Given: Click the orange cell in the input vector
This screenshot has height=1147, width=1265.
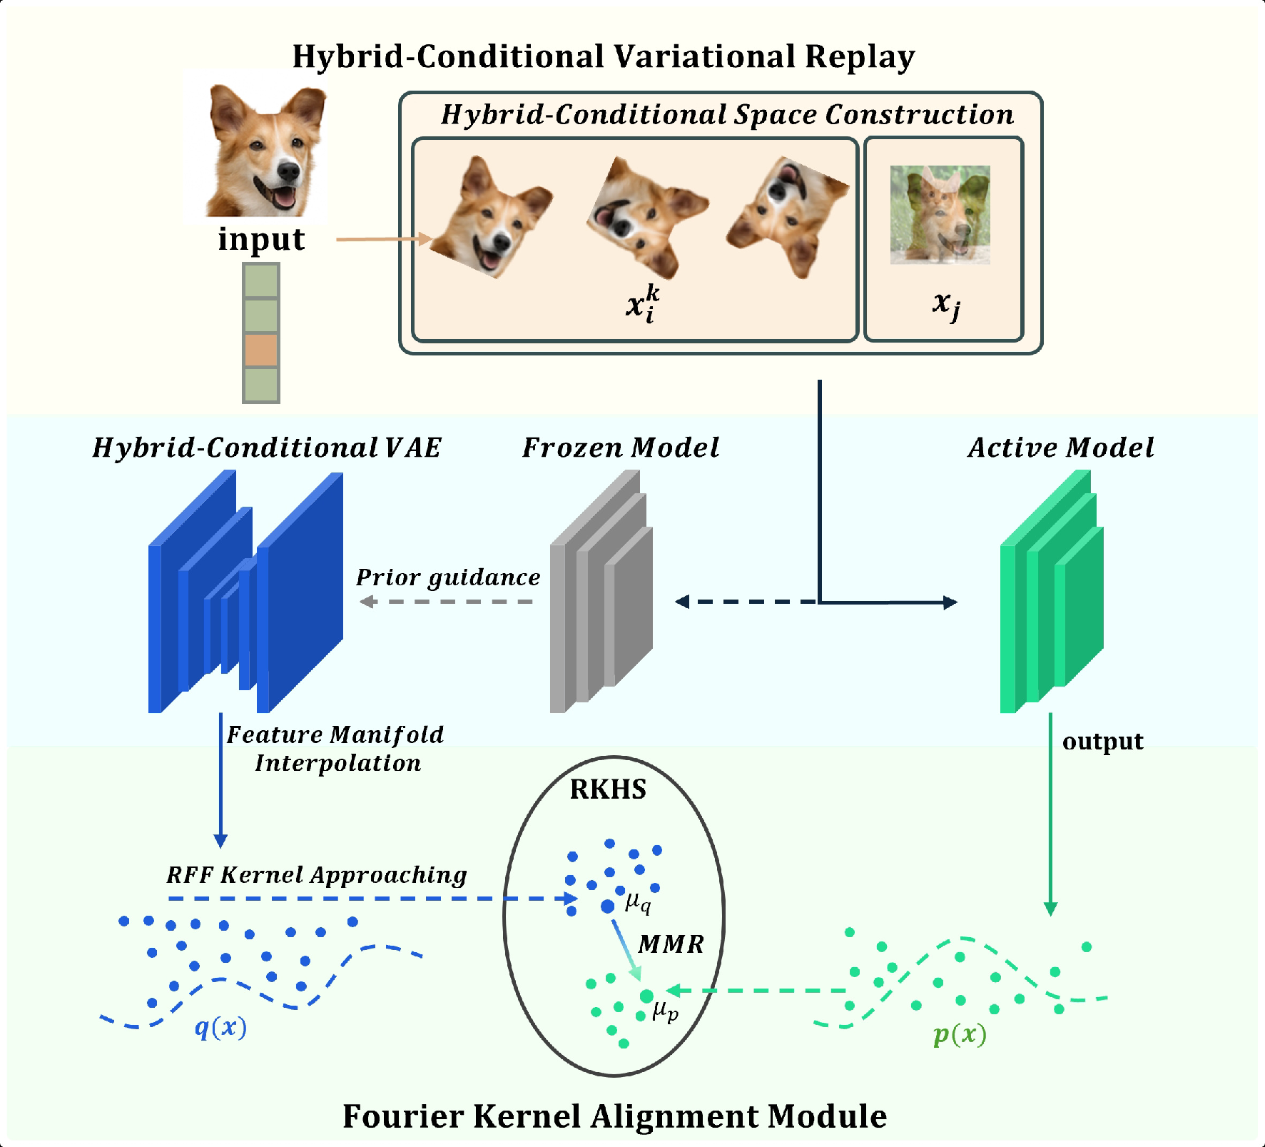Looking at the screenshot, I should [x=261, y=350].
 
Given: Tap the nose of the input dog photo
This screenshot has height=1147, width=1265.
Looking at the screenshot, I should [x=288, y=171].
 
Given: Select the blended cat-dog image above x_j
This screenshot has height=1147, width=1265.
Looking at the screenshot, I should [x=940, y=215].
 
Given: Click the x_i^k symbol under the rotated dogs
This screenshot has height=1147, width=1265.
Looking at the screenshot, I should [x=642, y=304].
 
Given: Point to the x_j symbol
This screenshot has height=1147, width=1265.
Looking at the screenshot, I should [x=946, y=305].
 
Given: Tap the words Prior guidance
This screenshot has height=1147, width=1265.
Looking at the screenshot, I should [x=448, y=577].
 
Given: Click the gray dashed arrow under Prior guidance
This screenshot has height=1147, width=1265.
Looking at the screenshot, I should [x=447, y=602].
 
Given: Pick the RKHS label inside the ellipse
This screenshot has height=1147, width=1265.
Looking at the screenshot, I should [x=608, y=789].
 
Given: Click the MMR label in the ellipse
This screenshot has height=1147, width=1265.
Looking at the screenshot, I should [x=671, y=944].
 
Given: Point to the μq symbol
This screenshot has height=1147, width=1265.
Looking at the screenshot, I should [x=638, y=903].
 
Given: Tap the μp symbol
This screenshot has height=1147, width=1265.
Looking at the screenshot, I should [x=665, y=1011].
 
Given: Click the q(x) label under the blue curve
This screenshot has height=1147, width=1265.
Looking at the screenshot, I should [x=220, y=1027].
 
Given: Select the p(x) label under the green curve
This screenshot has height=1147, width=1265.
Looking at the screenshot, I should [x=960, y=1034].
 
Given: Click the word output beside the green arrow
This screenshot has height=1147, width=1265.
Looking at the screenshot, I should [x=1102, y=742].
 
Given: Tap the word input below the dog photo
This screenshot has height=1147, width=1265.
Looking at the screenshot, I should [x=261, y=239].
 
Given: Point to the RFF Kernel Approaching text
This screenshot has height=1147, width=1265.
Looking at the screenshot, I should [x=317, y=875].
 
